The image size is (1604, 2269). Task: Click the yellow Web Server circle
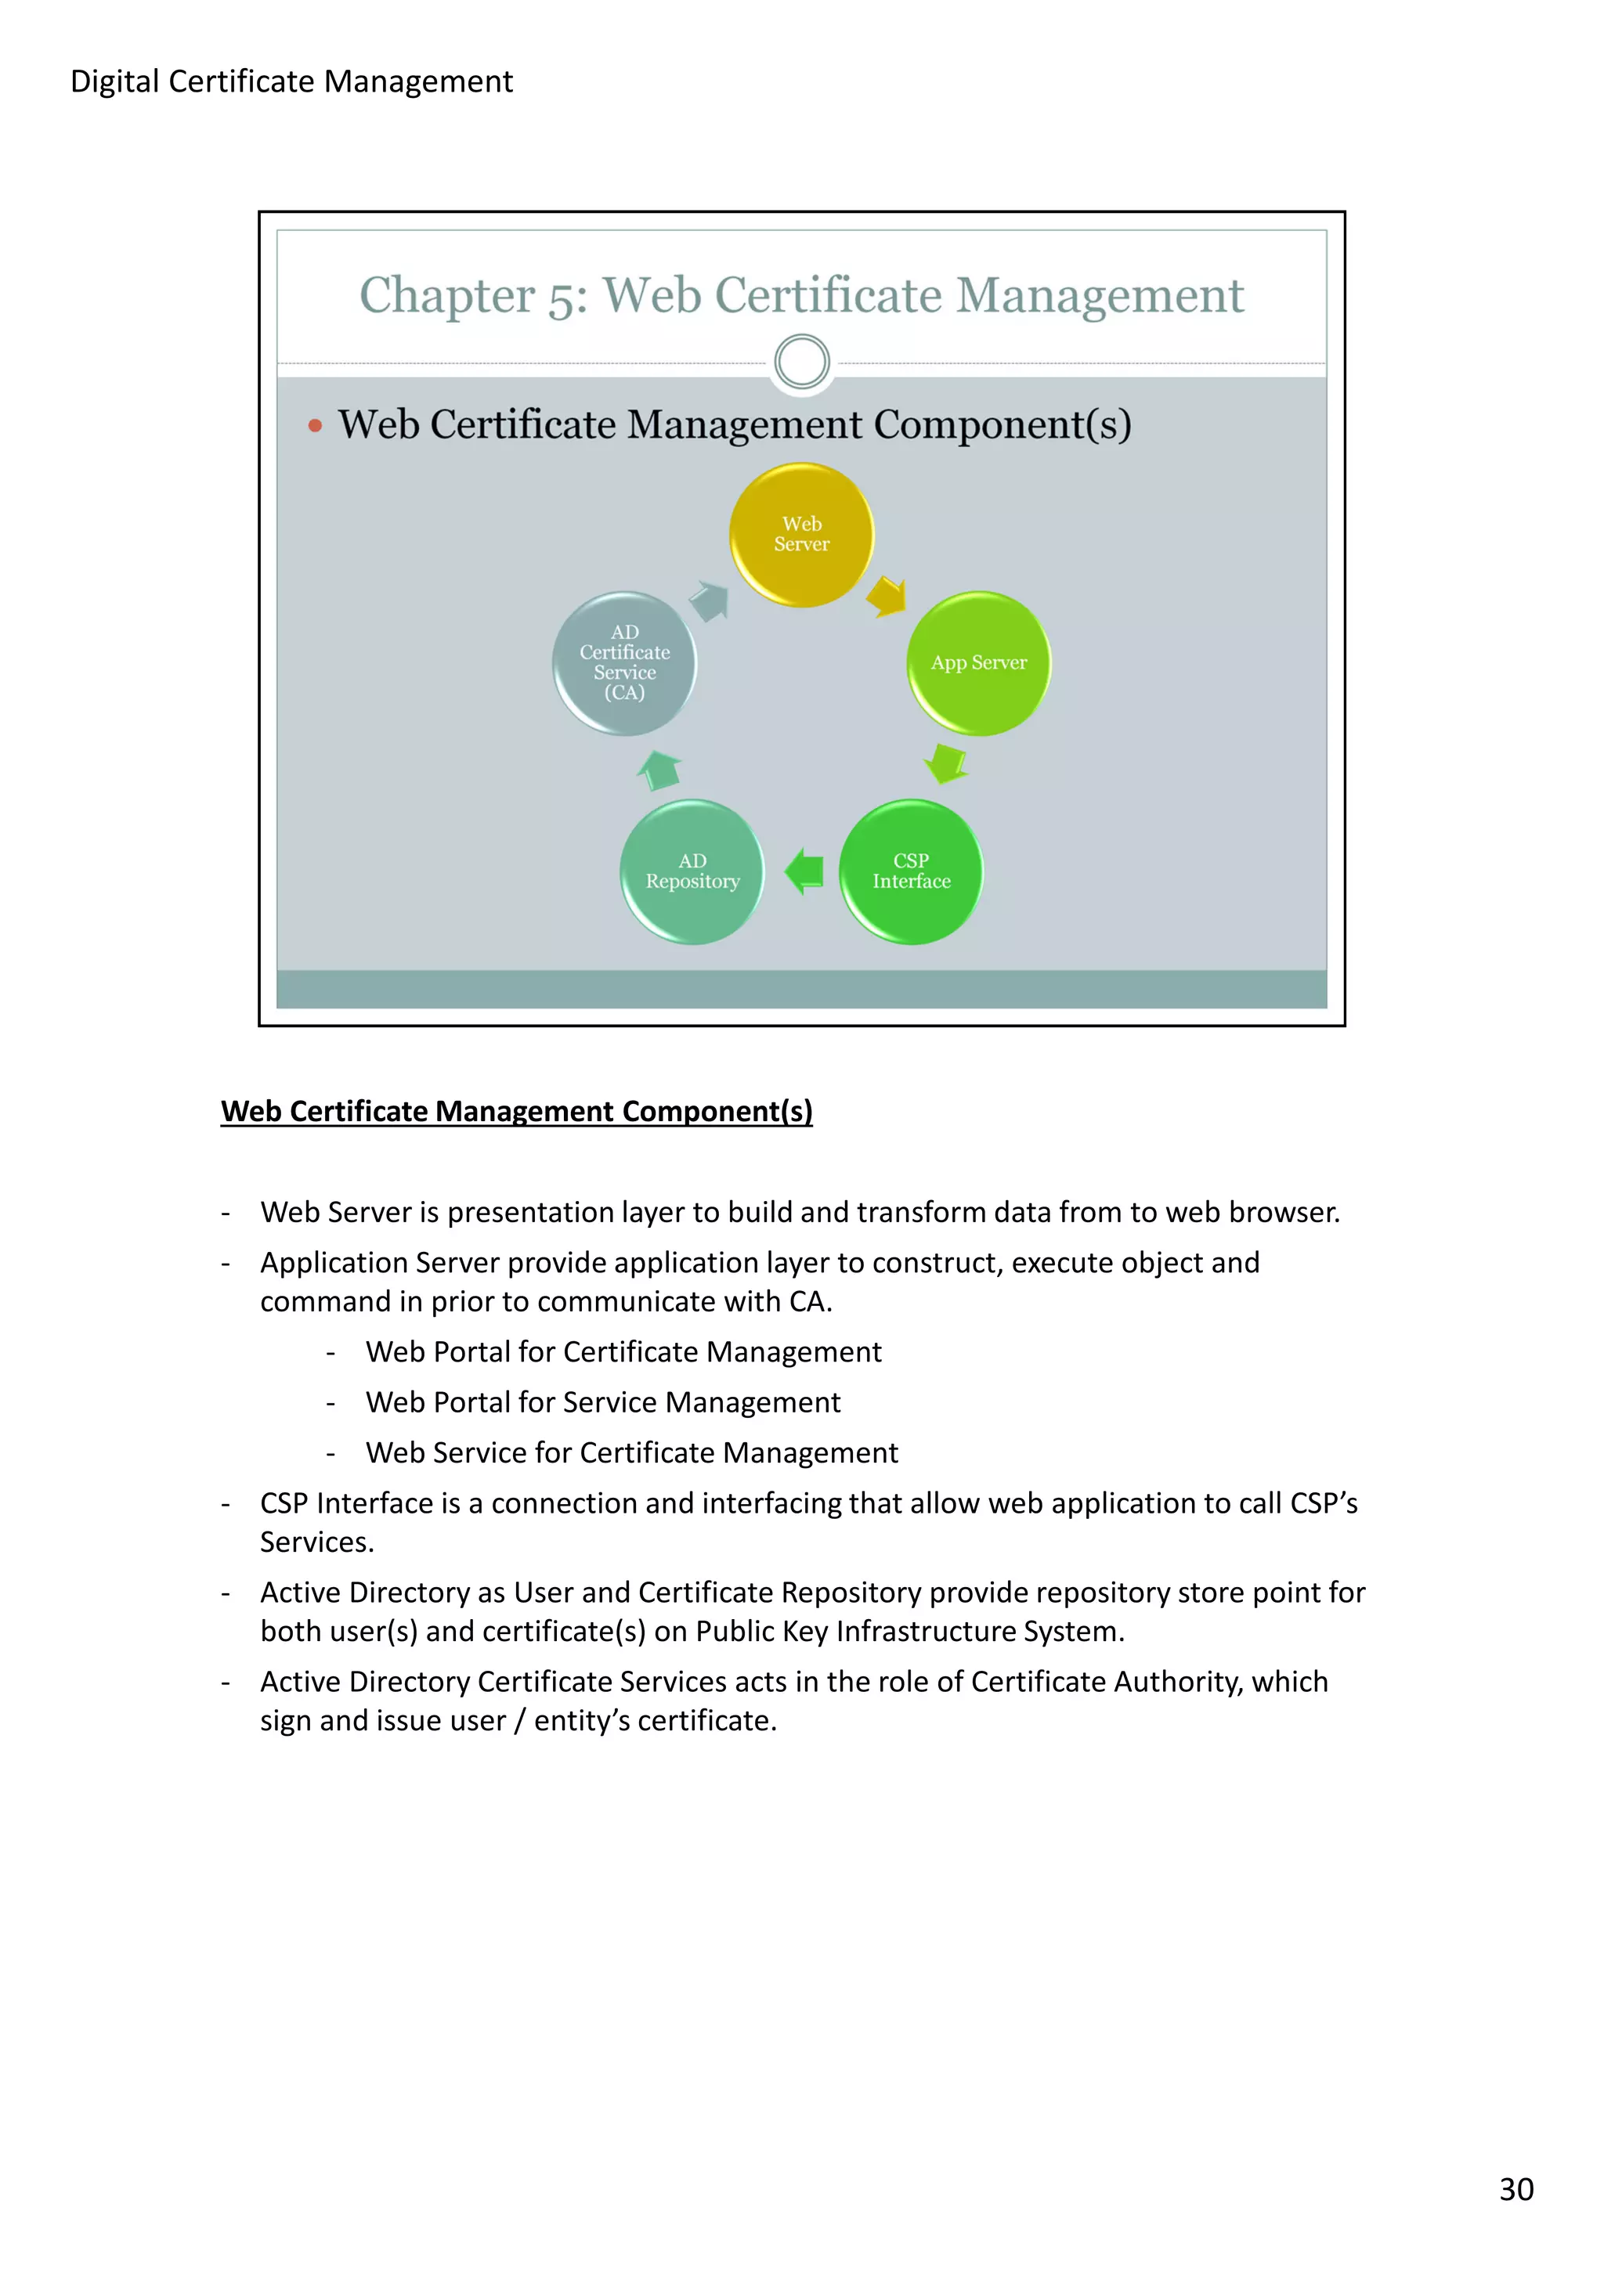pyautogui.click(x=801, y=535)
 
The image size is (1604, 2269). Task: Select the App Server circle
pyautogui.click(x=978, y=663)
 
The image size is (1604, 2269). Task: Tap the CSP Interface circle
pyautogui.click(x=910, y=871)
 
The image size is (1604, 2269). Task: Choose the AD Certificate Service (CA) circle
pyautogui.click(x=624, y=663)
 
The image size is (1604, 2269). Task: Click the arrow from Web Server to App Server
pyautogui.click(x=887, y=596)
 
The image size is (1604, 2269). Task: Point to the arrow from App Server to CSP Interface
pyautogui.click(x=947, y=763)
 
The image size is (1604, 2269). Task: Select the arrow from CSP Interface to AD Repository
pyautogui.click(x=804, y=871)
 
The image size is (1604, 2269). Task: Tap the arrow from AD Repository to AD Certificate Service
pyautogui.click(x=659, y=770)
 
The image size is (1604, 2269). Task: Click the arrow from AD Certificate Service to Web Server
pyautogui.click(x=710, y=600)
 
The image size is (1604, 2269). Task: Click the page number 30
pyautogui.click(x=1516, y=2189)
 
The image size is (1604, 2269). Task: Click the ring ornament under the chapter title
pyautogui.click(x=801, y=362)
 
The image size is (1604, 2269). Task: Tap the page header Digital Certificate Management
pyautogui.click(x=291, y=81)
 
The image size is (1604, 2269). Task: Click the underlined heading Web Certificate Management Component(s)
pyautogui.click(x=516, y=1112)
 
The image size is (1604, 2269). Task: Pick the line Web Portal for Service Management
pyautogui.click(x=603, y=1402)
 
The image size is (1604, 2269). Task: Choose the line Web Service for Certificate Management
pyautogui.click(x=631, y=1452)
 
